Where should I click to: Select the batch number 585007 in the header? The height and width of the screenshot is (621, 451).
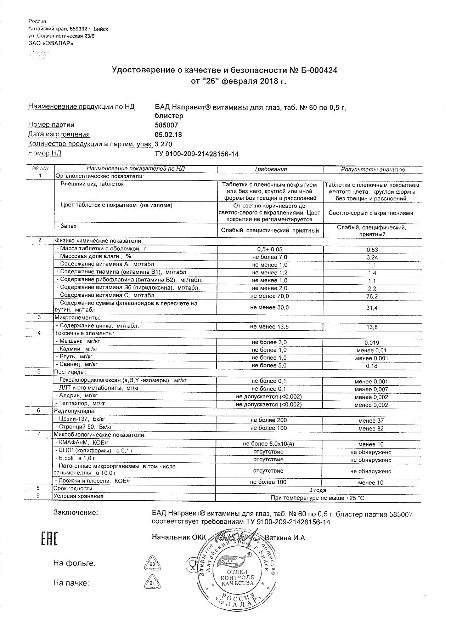click(x=167, y=125)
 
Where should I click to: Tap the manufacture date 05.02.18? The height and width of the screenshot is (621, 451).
click(x=168, y=135)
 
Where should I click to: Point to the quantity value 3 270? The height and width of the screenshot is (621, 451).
click(x=163, y=144)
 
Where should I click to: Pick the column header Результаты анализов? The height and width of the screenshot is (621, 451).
click(x=372, y=170)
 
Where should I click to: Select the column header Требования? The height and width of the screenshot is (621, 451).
click(x=270, y=169)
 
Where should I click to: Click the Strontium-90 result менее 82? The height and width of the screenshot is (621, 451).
click(x=371, y=428)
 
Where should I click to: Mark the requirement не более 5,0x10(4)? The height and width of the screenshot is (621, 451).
click(x=269, y=444)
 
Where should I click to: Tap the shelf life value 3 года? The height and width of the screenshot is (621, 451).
click(x=317, y=490)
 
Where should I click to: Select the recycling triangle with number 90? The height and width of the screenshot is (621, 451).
click(x=152, y=564)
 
